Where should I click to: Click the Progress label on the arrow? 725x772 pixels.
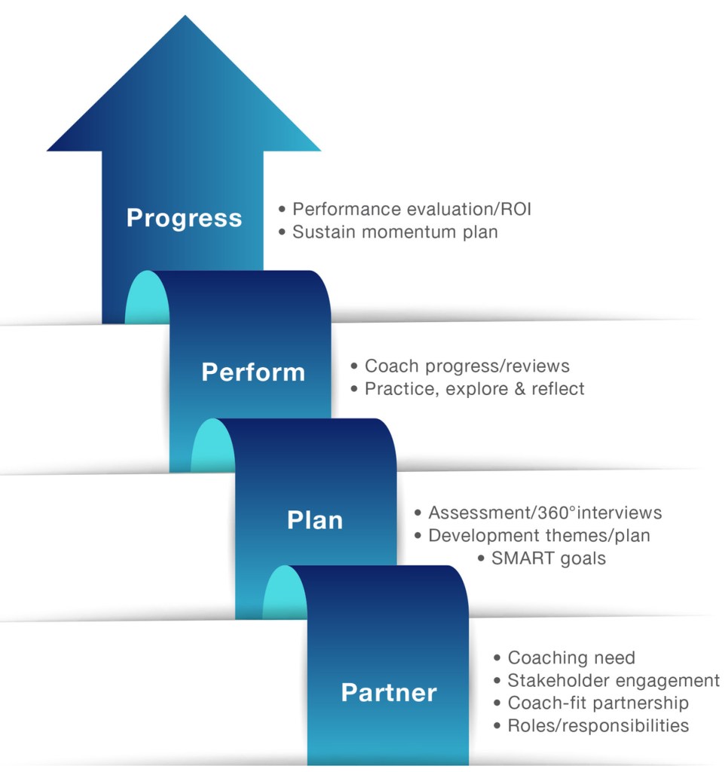click(184, 218)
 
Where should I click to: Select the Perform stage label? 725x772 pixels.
click(253, 372)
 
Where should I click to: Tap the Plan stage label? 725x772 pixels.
click(315, 520)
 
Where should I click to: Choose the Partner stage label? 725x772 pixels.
click(389, 693)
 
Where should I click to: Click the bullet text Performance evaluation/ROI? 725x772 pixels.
click(411, 209)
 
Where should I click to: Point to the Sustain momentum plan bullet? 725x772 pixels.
click(395, 231)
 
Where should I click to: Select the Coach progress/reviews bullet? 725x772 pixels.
click(467, 366)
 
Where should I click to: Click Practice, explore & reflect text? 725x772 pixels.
click(474, 389)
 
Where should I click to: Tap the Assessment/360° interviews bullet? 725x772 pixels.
click(544, 513)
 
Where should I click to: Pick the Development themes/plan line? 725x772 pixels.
click(539, 536)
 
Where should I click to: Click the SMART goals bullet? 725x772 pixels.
click(548, 559)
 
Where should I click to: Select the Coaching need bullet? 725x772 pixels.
click(571, 657)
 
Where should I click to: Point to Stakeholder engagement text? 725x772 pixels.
click(613, 681)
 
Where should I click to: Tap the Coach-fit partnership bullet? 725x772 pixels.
click(598, 703)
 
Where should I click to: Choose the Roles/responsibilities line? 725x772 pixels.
click(598, 726)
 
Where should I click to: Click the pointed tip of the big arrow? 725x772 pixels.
click(184, 18)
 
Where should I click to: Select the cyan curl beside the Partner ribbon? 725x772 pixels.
click(285, 594)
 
